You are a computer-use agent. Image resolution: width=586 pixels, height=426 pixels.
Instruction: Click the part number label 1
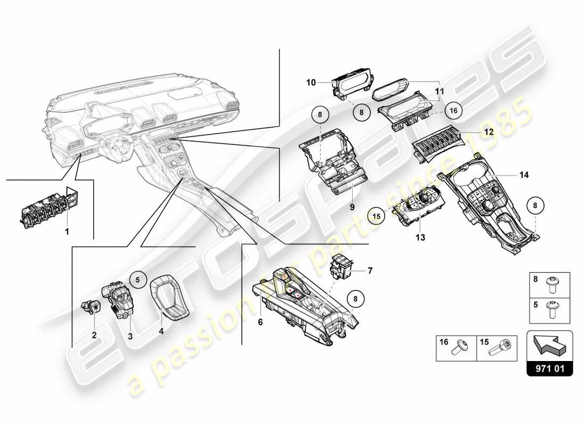point(67,232)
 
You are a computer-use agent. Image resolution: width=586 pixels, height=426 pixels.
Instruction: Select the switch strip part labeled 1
point(45,208)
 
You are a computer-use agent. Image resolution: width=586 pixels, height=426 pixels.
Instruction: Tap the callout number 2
point(94,335)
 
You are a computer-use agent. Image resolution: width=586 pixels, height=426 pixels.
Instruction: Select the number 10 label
point(311,83)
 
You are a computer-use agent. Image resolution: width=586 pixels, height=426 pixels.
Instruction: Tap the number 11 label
point(438,92)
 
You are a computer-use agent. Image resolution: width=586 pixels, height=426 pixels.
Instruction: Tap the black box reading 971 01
point(549,368)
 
